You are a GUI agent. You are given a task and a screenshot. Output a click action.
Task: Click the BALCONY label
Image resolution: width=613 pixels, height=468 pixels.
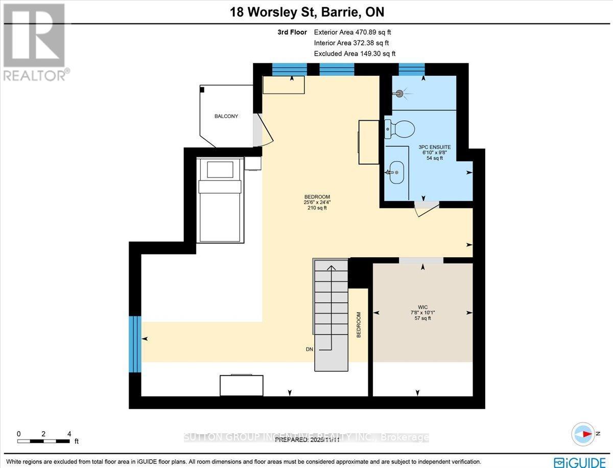226,116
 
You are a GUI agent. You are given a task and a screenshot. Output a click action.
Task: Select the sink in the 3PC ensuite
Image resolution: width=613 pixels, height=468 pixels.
396,172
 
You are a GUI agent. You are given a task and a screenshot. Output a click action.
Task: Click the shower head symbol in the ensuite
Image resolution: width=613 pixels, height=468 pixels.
399,94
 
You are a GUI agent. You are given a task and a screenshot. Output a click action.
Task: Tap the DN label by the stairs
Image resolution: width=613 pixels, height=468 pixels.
309,349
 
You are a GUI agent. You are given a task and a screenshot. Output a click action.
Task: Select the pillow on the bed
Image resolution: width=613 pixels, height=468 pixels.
220,169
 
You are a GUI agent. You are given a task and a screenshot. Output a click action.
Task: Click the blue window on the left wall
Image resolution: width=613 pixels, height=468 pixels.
135,344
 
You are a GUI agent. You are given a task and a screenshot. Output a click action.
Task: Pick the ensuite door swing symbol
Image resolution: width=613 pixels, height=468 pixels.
426,209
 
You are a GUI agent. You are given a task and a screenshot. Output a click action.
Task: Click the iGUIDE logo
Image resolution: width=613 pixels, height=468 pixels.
581,462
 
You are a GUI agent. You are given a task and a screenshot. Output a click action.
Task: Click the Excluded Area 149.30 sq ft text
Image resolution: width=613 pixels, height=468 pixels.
355,53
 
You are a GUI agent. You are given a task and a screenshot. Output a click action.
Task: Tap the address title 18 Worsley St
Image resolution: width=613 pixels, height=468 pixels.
306,11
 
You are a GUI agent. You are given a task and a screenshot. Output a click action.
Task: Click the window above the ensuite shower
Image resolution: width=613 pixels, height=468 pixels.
411,69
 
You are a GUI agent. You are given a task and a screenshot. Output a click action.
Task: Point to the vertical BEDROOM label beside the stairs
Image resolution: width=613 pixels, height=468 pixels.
359,325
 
